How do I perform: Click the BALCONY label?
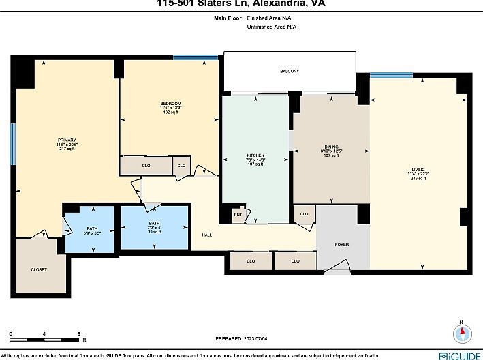click(x=289, y=72)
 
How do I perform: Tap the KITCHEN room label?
click(x=255, y=155)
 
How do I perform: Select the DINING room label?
click(x=330, y=147)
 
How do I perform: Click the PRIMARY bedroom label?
click(x=66, y=140)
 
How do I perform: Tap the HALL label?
click(x=206, y=235)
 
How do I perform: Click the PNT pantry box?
click(x=238, y=215)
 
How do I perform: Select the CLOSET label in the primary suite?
click(x=39, y=269)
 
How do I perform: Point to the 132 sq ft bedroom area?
click(x=170, y=112)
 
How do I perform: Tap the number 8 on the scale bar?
click(x=79, y=333)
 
